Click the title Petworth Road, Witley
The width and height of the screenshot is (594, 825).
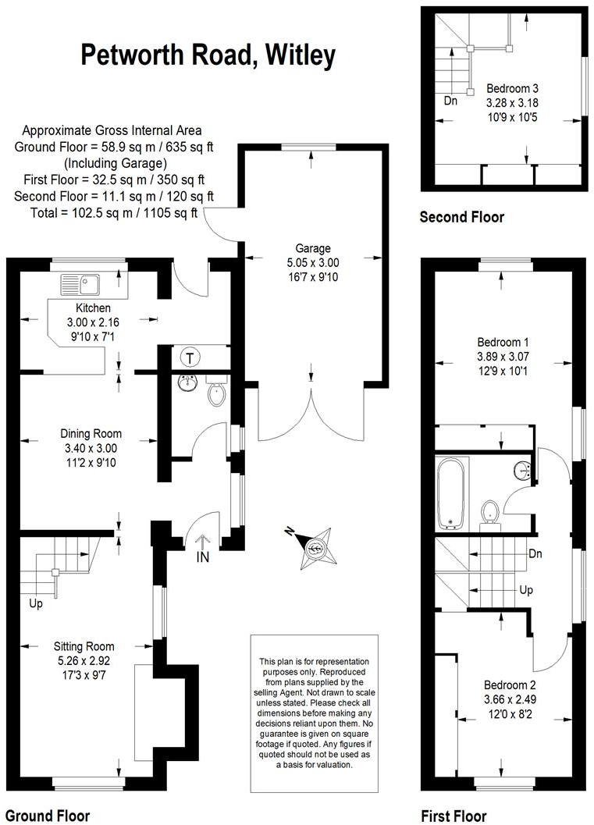point(208,55)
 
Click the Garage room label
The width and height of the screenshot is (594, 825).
point(312,249)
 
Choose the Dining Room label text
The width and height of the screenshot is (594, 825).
point(91,434)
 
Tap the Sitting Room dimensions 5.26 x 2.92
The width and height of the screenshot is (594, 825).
point(84,660)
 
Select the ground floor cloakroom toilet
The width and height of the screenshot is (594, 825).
point(217,393)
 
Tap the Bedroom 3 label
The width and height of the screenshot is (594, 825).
point(513,88)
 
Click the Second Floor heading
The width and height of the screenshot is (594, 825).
point(462,217)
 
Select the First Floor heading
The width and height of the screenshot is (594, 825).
point(454,816)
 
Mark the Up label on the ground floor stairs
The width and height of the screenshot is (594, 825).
point(35,603)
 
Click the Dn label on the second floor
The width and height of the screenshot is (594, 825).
point(450,101)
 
